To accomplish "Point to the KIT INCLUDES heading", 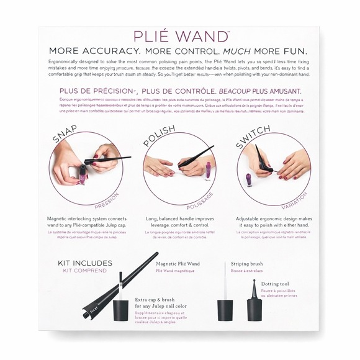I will tap(84, 262).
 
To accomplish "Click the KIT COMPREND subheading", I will tap(84, 271).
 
